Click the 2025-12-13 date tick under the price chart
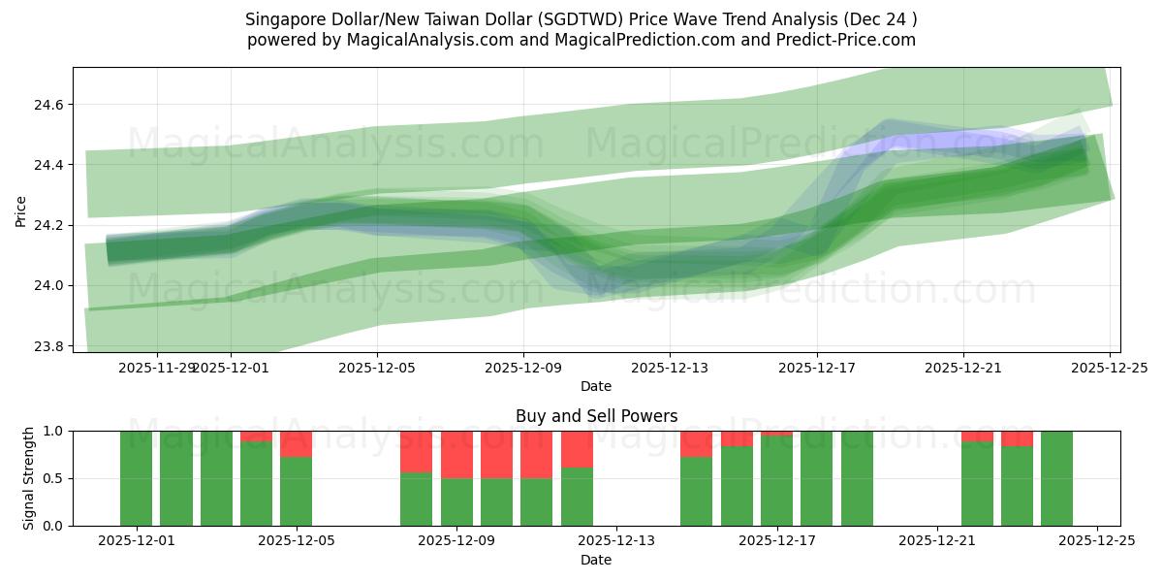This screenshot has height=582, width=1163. click(670, 368)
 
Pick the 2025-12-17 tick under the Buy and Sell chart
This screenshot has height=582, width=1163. click(776, 541)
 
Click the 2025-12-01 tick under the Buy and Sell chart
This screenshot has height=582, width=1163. click(136, 541)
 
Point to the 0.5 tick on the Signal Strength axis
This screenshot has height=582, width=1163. click(54, 478)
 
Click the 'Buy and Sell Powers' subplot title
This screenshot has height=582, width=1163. click(595, 416)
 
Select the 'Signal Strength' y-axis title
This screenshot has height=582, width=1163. click(29, 477)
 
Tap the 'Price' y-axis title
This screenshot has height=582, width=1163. click(21, 210)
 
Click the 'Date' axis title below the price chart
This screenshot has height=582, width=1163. click(595, 386)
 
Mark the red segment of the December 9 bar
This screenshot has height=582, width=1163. click(456, 454)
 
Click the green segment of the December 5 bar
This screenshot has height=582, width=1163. click(296, 491)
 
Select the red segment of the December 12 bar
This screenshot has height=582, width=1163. click(577, 448)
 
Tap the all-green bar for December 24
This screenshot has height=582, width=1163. click(1056, 478)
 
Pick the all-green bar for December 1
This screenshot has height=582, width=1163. click(136, 478)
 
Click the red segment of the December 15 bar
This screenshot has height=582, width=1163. click(696, 443)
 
